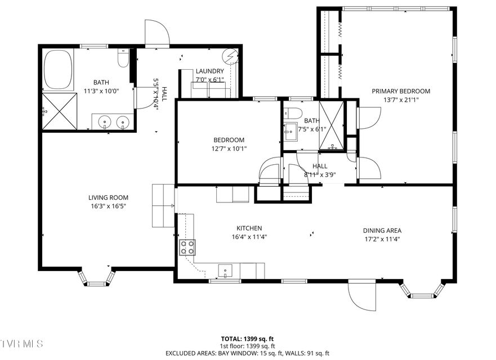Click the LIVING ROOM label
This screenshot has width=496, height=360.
click(x=108, y=197)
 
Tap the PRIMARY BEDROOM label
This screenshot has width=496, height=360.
click(x=400, y=91)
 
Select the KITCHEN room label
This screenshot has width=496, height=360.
click(x=249, y=228)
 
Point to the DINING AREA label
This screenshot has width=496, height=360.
click(x=382, y=231)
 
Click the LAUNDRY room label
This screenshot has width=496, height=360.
click(x=209, y=71)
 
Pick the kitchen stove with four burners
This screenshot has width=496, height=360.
click(x=187, y=247)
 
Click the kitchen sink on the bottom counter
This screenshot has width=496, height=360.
click(x=225, y=271)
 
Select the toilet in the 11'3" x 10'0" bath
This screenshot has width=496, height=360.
click(x=123, y=58)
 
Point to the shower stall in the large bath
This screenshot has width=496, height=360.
click(x=60, y=111)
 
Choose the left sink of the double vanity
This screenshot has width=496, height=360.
click(x=105, y=121)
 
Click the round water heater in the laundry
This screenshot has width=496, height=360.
click(x=230, y=56)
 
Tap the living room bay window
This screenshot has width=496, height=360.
click(x=96, y=277)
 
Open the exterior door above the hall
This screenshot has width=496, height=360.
click(x=157, y=34)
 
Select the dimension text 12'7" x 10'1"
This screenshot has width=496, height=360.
click(x=229, y=149)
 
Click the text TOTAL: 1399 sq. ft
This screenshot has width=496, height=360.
click(x=248, y=339)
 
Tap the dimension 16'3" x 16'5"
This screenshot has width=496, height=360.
click(x=108, y=206)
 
